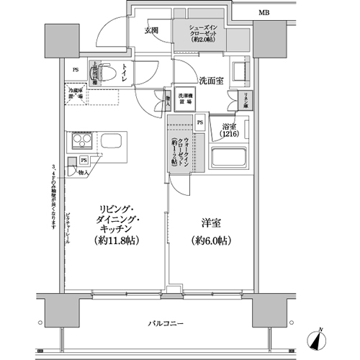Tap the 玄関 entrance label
coord(151,30)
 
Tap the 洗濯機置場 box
coord(186,100)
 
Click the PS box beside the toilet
coord(76,69)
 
